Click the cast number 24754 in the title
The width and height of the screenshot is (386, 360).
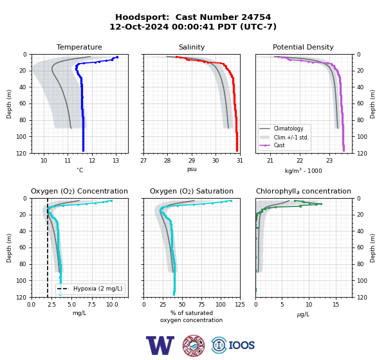click(x=256, y=17)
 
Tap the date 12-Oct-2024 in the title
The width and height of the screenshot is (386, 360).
click(x=139, y=26)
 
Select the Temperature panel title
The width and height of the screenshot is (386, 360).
click(x=79, y=47)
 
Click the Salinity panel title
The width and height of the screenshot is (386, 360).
click(x=192, y=47)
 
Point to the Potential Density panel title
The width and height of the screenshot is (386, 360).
click(x=303, y=47)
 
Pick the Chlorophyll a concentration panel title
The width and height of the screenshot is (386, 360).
click(x=304, y=191)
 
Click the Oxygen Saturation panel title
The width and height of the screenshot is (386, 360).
click(x=192, y=191)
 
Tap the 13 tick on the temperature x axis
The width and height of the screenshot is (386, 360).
click(x=116, y=161)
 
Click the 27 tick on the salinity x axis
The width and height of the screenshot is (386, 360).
click(x=143, y=161)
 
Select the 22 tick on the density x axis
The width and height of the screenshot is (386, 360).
click(x=300, y=161)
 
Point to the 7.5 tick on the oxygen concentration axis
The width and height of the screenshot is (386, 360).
click(x=91, y=305)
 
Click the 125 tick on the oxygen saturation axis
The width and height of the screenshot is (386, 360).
click(x=240, y=305)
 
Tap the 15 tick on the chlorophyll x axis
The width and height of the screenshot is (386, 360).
click(x=336, y=305)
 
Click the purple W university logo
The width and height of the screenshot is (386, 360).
click(x=160, y=345)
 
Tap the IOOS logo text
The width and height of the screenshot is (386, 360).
click(x=241, y=345)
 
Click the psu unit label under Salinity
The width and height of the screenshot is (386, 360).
click(x=192, y=169)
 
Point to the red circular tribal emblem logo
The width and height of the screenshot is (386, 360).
click(x=194, y=345)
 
